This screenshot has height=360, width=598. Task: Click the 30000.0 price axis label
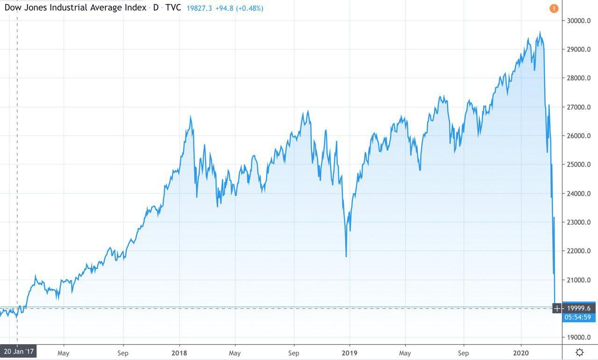tap(579, 21)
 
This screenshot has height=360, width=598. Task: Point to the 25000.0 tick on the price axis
tap(579, 164)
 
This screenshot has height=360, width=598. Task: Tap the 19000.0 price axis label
tap(579, 337)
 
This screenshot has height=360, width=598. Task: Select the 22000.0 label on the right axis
tap(579, 251)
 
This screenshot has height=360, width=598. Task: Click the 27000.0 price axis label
tap(579, 107)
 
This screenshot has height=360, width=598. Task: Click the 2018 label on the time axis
tap(180, 353)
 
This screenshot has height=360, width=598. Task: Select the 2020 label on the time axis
tap(521, 353)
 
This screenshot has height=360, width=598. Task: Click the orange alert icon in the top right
tap(554, 8)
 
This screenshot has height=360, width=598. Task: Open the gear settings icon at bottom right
tap(580, 352)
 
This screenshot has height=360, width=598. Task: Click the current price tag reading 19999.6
tap(578, 308)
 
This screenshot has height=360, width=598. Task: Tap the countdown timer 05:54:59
tap(578, 317)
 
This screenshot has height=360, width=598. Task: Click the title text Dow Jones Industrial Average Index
tap(75, 8)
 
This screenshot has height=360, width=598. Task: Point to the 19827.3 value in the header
tap(199, 8)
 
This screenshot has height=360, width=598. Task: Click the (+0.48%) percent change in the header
tap(249, 8)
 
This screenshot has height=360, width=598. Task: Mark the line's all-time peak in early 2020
tap(540, 32)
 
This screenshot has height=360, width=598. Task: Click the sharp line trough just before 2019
tap(346, 256)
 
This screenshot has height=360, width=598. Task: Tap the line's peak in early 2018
tap(190, 117)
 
